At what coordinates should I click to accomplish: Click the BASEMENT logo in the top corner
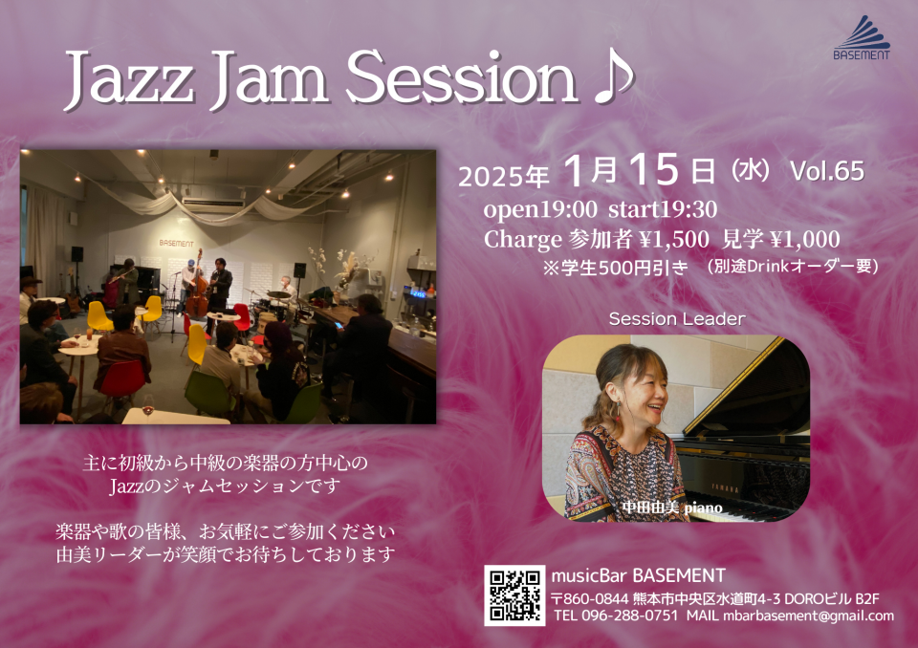point(862,37)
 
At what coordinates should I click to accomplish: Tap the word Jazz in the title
point(129,79)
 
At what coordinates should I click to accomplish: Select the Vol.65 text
point(826,171)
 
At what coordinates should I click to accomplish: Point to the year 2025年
point(504,176)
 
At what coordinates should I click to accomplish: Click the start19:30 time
point(663,209)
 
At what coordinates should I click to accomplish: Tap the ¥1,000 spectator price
point(805,239)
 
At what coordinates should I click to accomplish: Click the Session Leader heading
point(677,319)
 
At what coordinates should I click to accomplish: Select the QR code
point(514,595)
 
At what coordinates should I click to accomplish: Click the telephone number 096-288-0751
point(630,616)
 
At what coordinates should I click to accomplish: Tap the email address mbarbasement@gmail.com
point(809,616)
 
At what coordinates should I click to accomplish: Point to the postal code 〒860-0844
point(590,599)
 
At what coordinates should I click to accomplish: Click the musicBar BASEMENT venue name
point(638,575)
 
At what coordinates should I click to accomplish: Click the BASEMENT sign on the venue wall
point(176,243)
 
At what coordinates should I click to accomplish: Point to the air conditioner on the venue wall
point(213,205)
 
